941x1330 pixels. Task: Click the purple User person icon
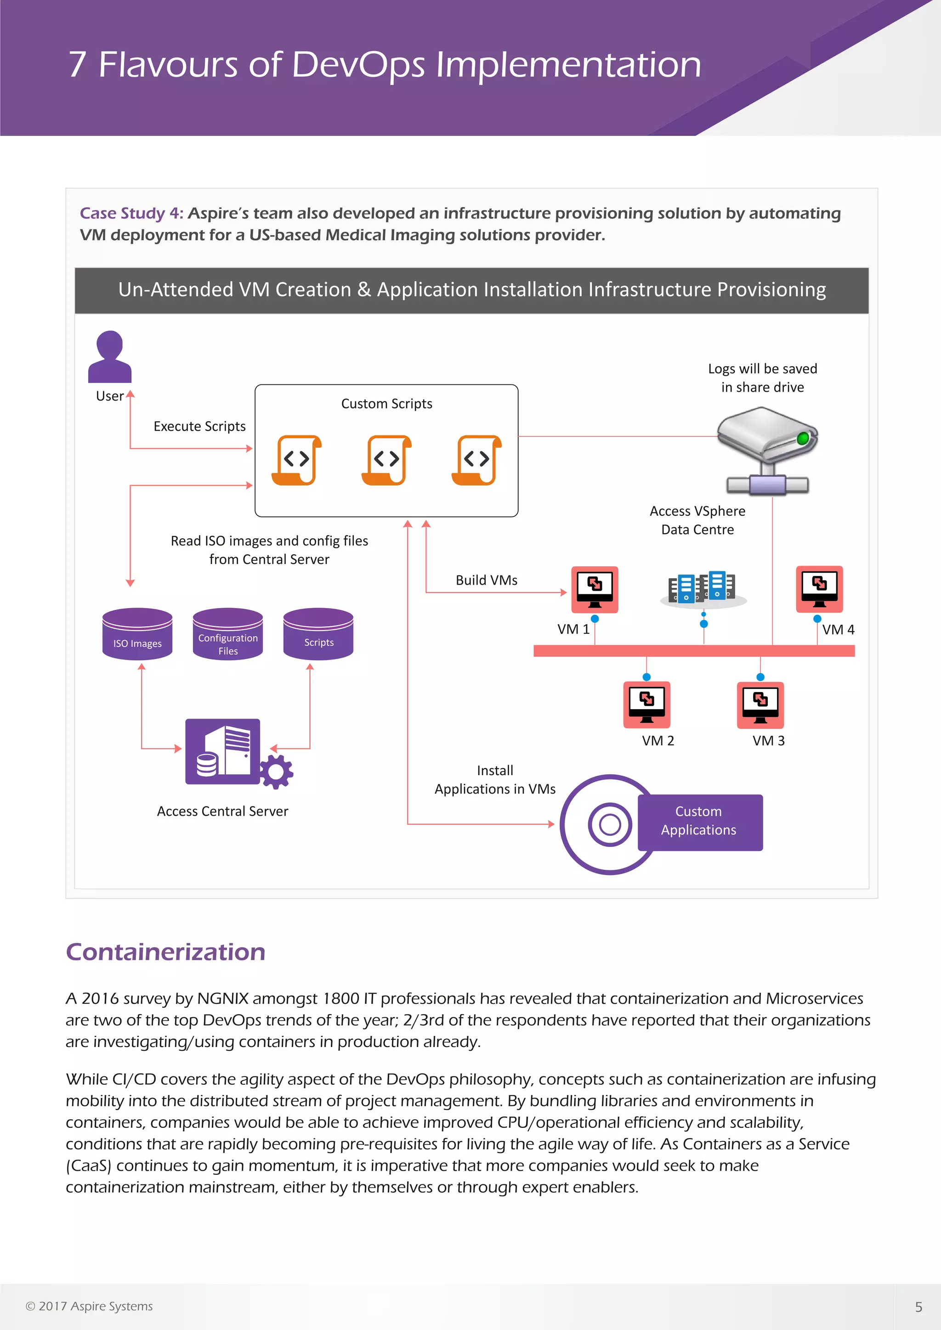[x=109, y=356]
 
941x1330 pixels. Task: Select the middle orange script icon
[x=386, y=460]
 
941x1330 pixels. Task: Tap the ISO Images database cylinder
[x=137, y=634]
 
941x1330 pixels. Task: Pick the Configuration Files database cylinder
[x=228, y=634]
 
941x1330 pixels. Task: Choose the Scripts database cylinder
[x=318, y=634]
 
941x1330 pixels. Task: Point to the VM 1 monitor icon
[x=595, y=589]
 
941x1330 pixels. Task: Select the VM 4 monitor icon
[x=819, y=589]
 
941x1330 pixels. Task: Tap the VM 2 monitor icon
[x=646, y=704]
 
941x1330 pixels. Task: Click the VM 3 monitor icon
[x=760, y=704]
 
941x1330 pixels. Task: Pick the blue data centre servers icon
[x=702, y=589]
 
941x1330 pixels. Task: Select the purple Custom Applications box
[x=700, y=822]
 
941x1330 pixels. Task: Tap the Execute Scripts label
[x=199, y=426]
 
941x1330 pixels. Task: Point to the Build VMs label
[x=486, y=580]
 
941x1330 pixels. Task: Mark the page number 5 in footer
[x=918, y=1307]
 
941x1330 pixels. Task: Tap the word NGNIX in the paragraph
[x=222, y=999]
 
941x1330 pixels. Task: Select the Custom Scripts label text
[x=386, y=404]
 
